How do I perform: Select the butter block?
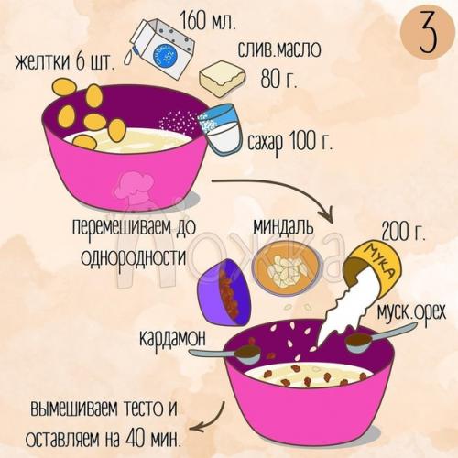pos(220,80)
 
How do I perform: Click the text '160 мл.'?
pos(215,19)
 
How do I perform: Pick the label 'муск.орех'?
pos(410,314)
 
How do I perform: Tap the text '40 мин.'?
pos(156,431)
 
